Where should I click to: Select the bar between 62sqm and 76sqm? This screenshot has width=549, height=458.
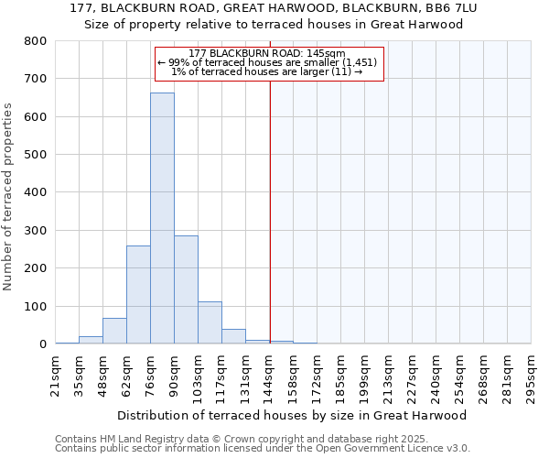138,294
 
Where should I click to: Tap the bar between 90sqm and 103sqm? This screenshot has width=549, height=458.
186,289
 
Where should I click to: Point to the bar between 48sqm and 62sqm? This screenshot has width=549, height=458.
114,331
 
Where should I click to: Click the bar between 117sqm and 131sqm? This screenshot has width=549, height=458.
233,336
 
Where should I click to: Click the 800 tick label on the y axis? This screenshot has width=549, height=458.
35,41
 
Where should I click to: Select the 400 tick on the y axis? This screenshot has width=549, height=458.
35,192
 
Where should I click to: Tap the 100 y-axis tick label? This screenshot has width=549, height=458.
35,306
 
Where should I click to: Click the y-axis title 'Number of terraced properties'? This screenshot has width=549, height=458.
8,197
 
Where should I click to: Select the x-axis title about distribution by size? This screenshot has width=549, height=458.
293,415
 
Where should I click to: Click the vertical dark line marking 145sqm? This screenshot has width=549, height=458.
270,211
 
